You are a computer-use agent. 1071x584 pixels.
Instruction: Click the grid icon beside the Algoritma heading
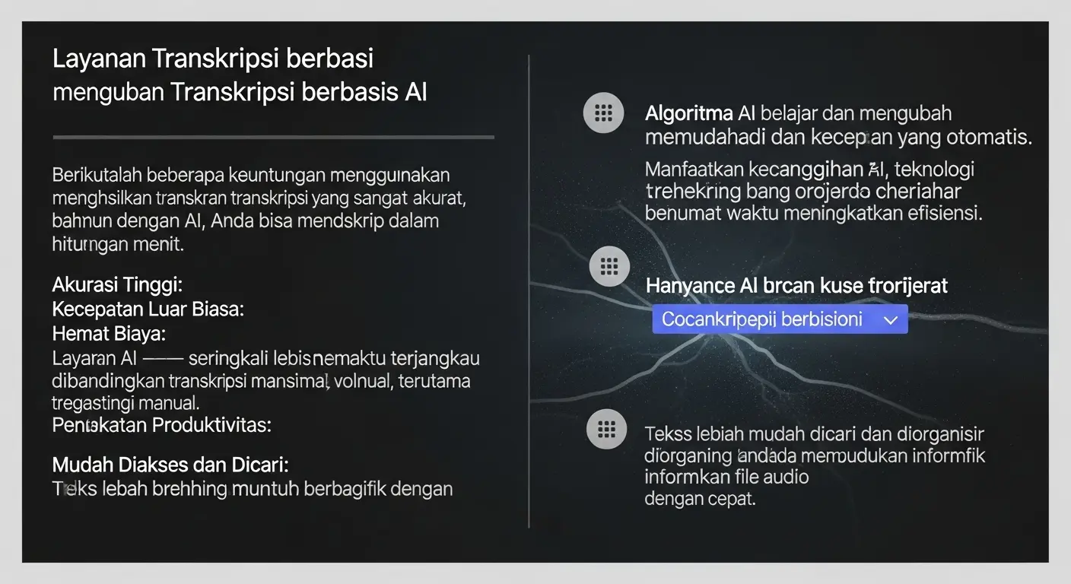pyautogui.click(x=603, y=114)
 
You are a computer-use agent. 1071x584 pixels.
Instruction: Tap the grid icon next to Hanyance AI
pyautogui.click(x=609, y=266)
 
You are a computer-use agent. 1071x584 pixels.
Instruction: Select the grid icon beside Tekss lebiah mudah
pyautogui.click(x=607, y=430)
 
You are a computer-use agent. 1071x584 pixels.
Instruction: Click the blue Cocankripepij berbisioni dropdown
pyautogui.click(x=780, y=319)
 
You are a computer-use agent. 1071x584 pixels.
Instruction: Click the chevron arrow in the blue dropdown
pyautogui.click(x=891, y=321)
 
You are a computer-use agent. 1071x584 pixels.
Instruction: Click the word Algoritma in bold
pyautogui.click(x=688, y=114)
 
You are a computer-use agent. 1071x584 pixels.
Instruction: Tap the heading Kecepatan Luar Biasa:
pyautogui.click(x=148, y=309)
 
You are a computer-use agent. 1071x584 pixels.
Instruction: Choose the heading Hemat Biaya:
pyautogui.click(x=109, y=333)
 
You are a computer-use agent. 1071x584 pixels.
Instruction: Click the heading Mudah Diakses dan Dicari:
pyautogui.click(x=170, y=464)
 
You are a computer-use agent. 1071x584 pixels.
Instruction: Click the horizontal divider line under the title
pyautogui.click(x=274, y=138)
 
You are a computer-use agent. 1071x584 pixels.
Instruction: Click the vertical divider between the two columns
pyautogui.click(x=529, y=289)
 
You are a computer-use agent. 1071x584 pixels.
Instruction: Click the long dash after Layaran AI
pyautogui.click(x=162, y=358)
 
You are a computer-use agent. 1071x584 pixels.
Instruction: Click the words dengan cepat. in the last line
pyautogui.click(x=700, y=500)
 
